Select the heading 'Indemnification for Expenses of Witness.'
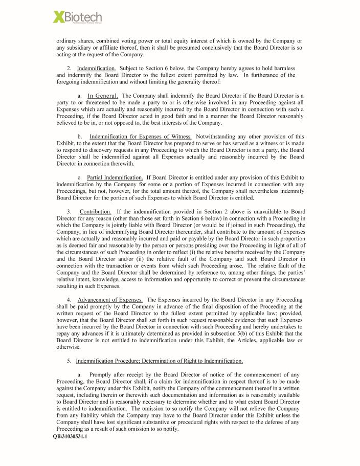tap(141, 137)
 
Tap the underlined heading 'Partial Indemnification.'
tap(115, 177)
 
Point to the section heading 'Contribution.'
tap(95, 212)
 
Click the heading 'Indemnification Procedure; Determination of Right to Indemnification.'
tap(159, 361)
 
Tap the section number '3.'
tap(69, 212)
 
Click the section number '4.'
tap(69, 299)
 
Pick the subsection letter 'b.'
tap(80, 137)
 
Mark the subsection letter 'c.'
tap(80, 177)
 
